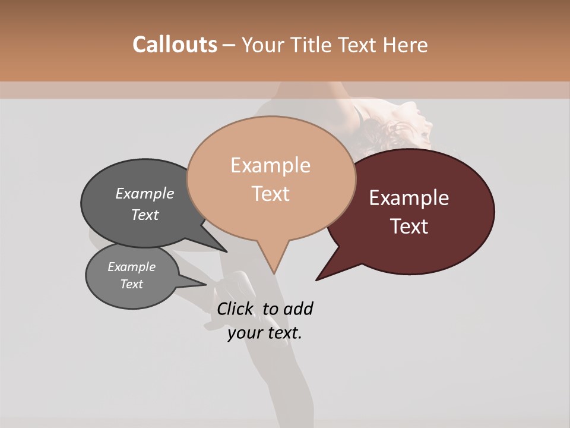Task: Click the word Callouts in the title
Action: coord(175,45)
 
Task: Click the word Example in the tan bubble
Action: coord(270,165)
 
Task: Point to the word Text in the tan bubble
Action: coord(270,193)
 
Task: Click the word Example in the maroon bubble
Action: coord(409,198)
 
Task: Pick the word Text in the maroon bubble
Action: coord(409,226)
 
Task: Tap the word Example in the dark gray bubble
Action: coord(145,193)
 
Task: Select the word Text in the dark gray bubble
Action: coord(145,215)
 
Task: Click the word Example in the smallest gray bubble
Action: coord(131,267)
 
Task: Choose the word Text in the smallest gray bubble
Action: coord(131,284)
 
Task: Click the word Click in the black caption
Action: coord(236,309)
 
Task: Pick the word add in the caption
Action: coord(298,309)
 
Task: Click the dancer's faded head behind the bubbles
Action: coord(404,122)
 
